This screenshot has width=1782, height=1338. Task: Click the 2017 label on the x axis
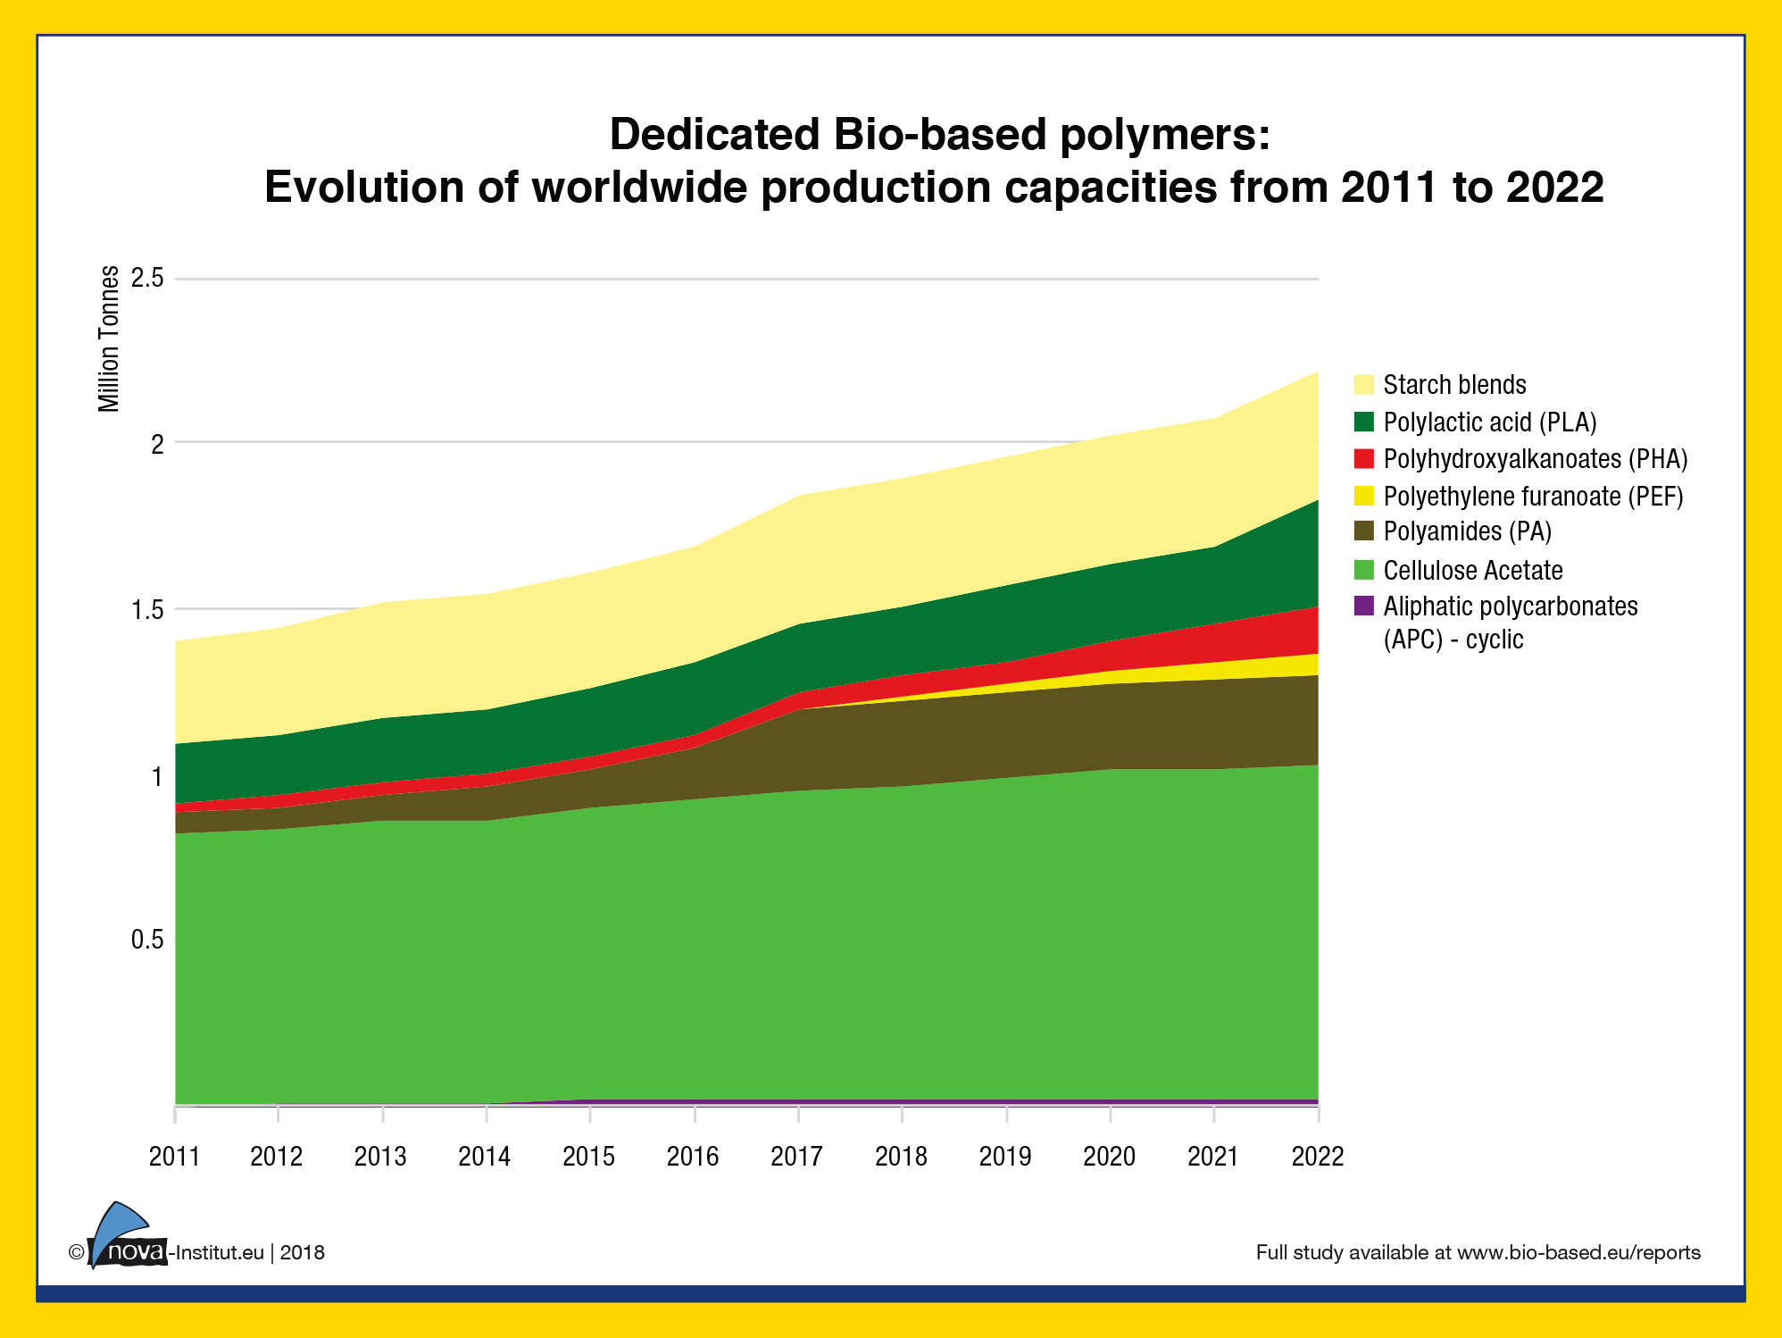point(796,1157)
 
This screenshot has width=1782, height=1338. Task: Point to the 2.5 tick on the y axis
point(147,278)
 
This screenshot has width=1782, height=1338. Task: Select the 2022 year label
point(1318,1157)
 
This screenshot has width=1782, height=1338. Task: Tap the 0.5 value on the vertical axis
point(147,940)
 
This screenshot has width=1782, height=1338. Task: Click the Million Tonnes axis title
point(109,339)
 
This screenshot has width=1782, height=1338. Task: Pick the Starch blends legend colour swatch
point(1363,385)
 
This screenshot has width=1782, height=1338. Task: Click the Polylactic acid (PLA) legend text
point(1490,422)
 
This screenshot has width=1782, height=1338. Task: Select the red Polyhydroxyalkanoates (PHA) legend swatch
point(1363,459)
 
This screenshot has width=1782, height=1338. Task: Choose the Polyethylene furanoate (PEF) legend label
point(1533,497)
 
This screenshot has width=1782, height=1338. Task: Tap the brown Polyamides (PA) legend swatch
point(1363,531)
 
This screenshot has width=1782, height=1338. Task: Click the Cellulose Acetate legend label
point(1473,570)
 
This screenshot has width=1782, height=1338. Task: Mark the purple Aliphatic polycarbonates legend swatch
point(1363,606)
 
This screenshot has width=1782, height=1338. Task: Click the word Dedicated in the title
point(714,135)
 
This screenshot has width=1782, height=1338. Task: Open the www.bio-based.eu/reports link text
point(1578,1252)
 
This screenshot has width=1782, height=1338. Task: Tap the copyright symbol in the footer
point(76,1252)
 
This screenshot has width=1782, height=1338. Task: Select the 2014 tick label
point(484,1157)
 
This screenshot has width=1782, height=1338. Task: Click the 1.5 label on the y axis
point(147,610)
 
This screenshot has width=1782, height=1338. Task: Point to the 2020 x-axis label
point(1109,1157)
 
